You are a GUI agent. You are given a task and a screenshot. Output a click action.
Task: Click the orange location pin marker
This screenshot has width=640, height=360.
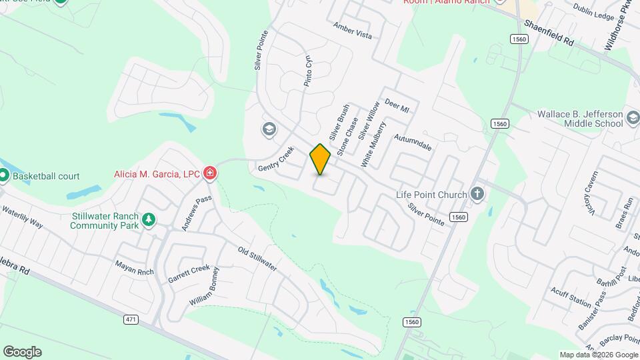tap(320, 159)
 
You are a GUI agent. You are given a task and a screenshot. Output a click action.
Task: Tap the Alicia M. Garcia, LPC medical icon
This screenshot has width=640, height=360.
tap(210, 174)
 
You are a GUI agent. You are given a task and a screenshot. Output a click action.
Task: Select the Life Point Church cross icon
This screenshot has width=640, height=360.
tap(477, 194)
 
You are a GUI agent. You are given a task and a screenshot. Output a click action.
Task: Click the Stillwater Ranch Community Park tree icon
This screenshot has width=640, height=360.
tap(149, 220)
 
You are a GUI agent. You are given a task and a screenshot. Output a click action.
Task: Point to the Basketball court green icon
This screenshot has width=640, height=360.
tap(4, 176)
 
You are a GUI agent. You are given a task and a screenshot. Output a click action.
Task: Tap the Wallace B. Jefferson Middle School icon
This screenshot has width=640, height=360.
tap(633, 119)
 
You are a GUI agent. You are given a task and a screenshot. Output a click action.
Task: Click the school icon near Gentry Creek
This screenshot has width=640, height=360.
tap(269, 129)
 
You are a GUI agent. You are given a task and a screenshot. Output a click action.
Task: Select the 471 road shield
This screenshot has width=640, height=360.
tap(131, 320)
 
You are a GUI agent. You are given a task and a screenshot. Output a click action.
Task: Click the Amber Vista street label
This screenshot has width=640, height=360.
tap(353, 30)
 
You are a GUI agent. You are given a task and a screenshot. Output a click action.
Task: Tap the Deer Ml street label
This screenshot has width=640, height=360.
tap(397, 107)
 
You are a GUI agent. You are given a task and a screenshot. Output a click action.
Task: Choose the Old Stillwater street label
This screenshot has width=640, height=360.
tap(257, 259)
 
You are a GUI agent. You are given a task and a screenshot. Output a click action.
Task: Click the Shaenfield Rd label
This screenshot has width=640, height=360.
tap(549, 31)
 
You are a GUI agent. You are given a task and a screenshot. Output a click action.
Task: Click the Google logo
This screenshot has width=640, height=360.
tap(22, 352)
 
